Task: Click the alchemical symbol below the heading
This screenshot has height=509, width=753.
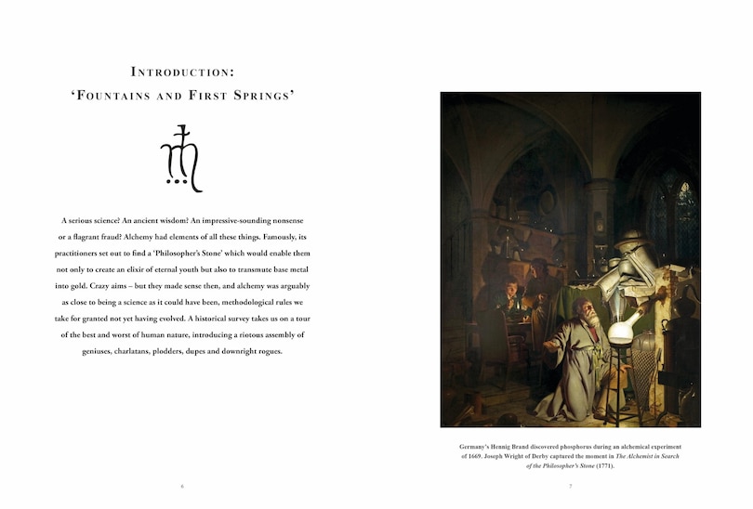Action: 182,159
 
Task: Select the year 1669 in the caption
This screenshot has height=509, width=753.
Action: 475,457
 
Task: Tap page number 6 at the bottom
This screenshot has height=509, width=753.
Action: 182,486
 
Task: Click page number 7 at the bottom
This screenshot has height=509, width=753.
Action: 570,486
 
